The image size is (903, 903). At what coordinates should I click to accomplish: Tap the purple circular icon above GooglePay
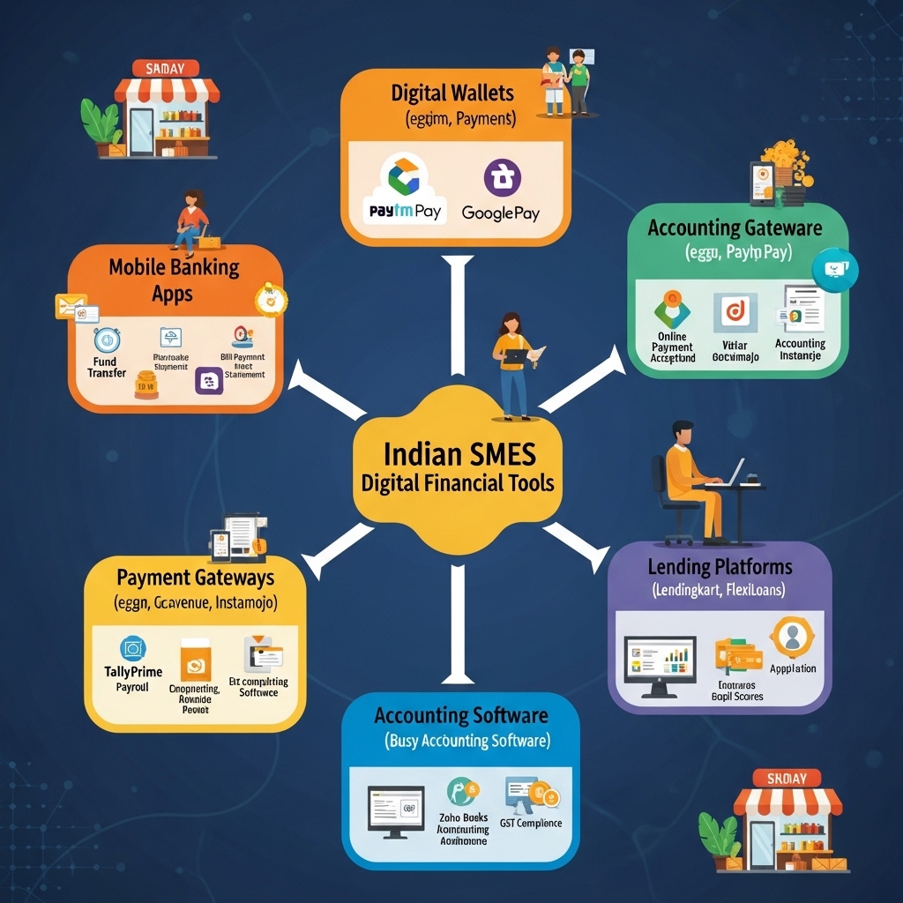click(502, 177)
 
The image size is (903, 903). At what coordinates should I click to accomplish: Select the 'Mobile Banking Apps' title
click(174, 280)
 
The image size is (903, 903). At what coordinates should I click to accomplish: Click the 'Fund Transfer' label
click(107, 367)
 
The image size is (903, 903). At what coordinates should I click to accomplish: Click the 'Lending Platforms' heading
click(720, 567)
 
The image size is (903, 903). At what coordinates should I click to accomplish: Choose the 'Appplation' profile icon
click(792, 637)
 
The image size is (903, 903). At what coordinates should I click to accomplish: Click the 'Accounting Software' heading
click(460, 715)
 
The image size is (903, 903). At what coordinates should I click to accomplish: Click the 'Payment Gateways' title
click(195, 578)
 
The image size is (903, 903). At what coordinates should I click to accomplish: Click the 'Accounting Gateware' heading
click(735, 228)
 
